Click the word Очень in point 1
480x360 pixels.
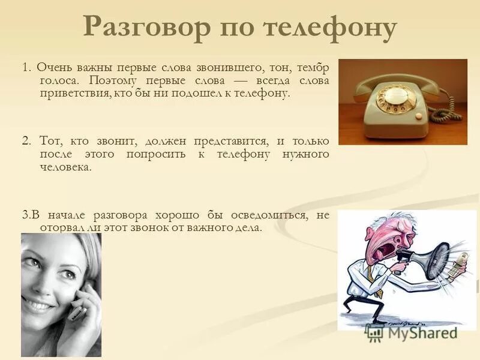click(50, 67)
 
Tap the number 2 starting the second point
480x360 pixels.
click(25, 141)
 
